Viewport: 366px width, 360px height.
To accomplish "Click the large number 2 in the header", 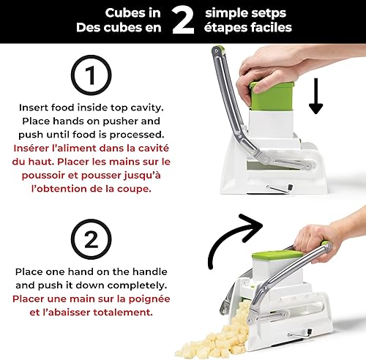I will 182,21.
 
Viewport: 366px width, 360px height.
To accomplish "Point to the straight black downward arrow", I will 315,97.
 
